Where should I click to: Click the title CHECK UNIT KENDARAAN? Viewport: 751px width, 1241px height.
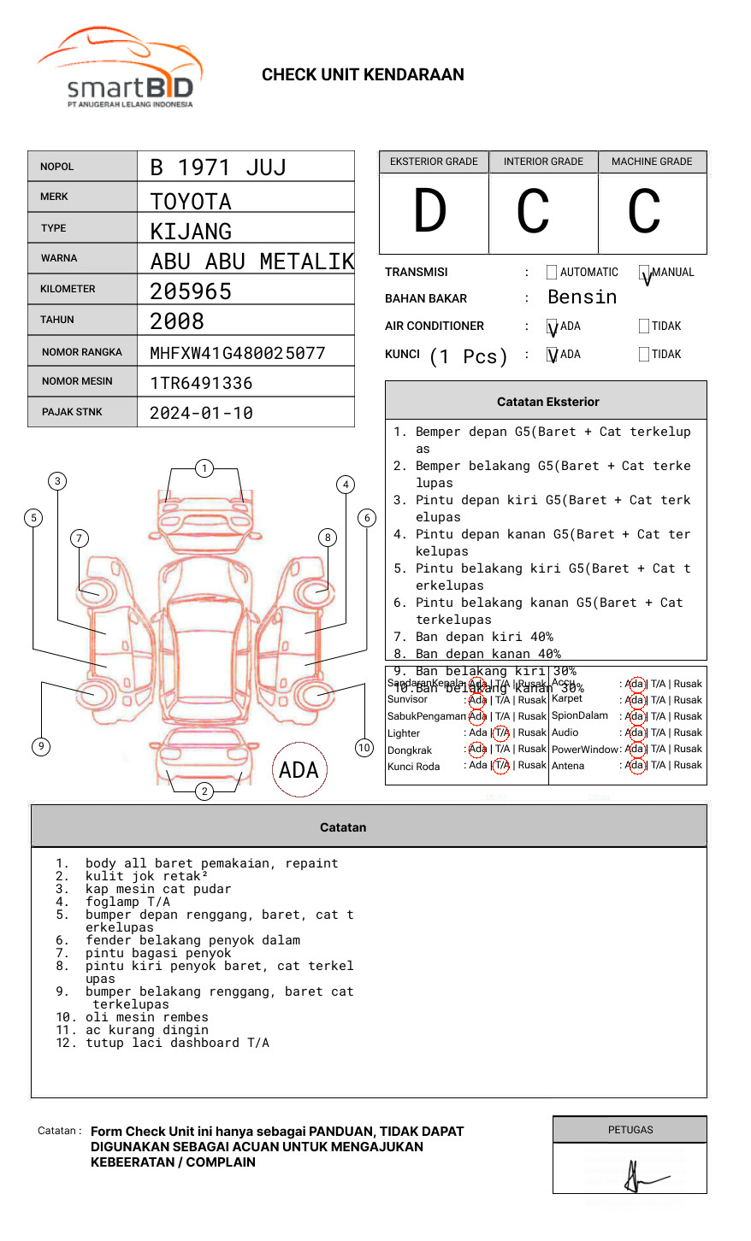(x=363, y=75)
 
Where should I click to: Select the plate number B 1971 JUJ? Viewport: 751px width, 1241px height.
(x=218, y=168)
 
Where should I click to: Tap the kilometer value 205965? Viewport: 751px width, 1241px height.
(x=191, y=291)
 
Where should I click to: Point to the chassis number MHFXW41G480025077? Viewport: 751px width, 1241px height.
(x=237, y=353)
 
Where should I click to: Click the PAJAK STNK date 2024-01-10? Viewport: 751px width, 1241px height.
(x=201, y=413)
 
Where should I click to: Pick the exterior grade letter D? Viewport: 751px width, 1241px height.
(x=430, y=212)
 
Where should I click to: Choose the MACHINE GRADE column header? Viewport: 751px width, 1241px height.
(x=652, y=162)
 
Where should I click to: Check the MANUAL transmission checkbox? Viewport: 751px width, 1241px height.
(x=644, y=273)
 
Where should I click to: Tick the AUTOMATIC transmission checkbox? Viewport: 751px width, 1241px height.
(x=552, y=273)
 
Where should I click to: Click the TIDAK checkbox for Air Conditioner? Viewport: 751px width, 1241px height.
(x=644, y=326)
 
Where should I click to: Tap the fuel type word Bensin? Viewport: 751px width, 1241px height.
(x=582, y=297)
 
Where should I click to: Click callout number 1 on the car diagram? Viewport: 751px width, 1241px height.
(x=204, y=468)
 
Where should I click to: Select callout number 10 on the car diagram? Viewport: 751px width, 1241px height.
(x=364, y=748)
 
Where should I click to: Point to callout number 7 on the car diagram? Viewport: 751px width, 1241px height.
(x=79, y=538)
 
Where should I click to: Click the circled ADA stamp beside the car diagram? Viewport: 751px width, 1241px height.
(x=299, y=770)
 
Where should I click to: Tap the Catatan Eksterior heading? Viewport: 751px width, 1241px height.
(x=547, y=402)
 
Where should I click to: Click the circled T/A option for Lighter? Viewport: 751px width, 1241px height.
(x=501, y=732)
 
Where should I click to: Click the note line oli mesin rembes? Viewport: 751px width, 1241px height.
(x=146, y=1017)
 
